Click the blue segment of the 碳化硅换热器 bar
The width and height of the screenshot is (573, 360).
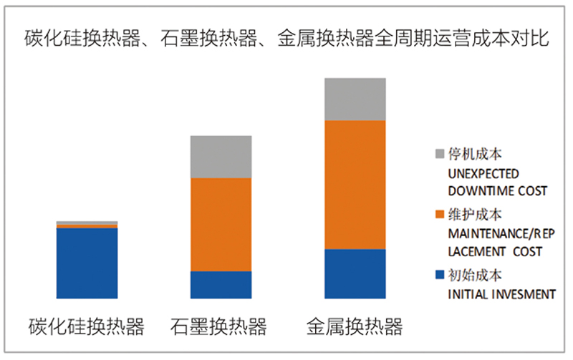87,263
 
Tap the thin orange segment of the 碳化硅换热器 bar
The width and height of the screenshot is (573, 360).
87,226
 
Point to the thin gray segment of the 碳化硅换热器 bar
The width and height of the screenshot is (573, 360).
87,223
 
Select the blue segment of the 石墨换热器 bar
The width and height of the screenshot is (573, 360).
221,285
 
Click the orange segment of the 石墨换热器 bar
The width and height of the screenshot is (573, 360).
221,225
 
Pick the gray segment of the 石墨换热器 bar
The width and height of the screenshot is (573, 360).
221,157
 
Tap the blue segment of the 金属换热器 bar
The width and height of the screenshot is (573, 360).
355,273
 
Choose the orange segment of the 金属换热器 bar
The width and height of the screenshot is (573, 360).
355,185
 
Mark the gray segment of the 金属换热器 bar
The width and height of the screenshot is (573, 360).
355,99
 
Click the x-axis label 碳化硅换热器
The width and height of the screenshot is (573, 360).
87,327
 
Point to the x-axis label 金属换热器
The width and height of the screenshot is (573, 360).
355,327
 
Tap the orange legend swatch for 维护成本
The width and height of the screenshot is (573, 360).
440,215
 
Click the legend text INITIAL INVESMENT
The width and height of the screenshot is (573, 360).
501,293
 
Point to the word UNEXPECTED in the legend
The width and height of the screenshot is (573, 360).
483,173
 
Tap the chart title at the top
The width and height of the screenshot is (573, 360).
286,38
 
